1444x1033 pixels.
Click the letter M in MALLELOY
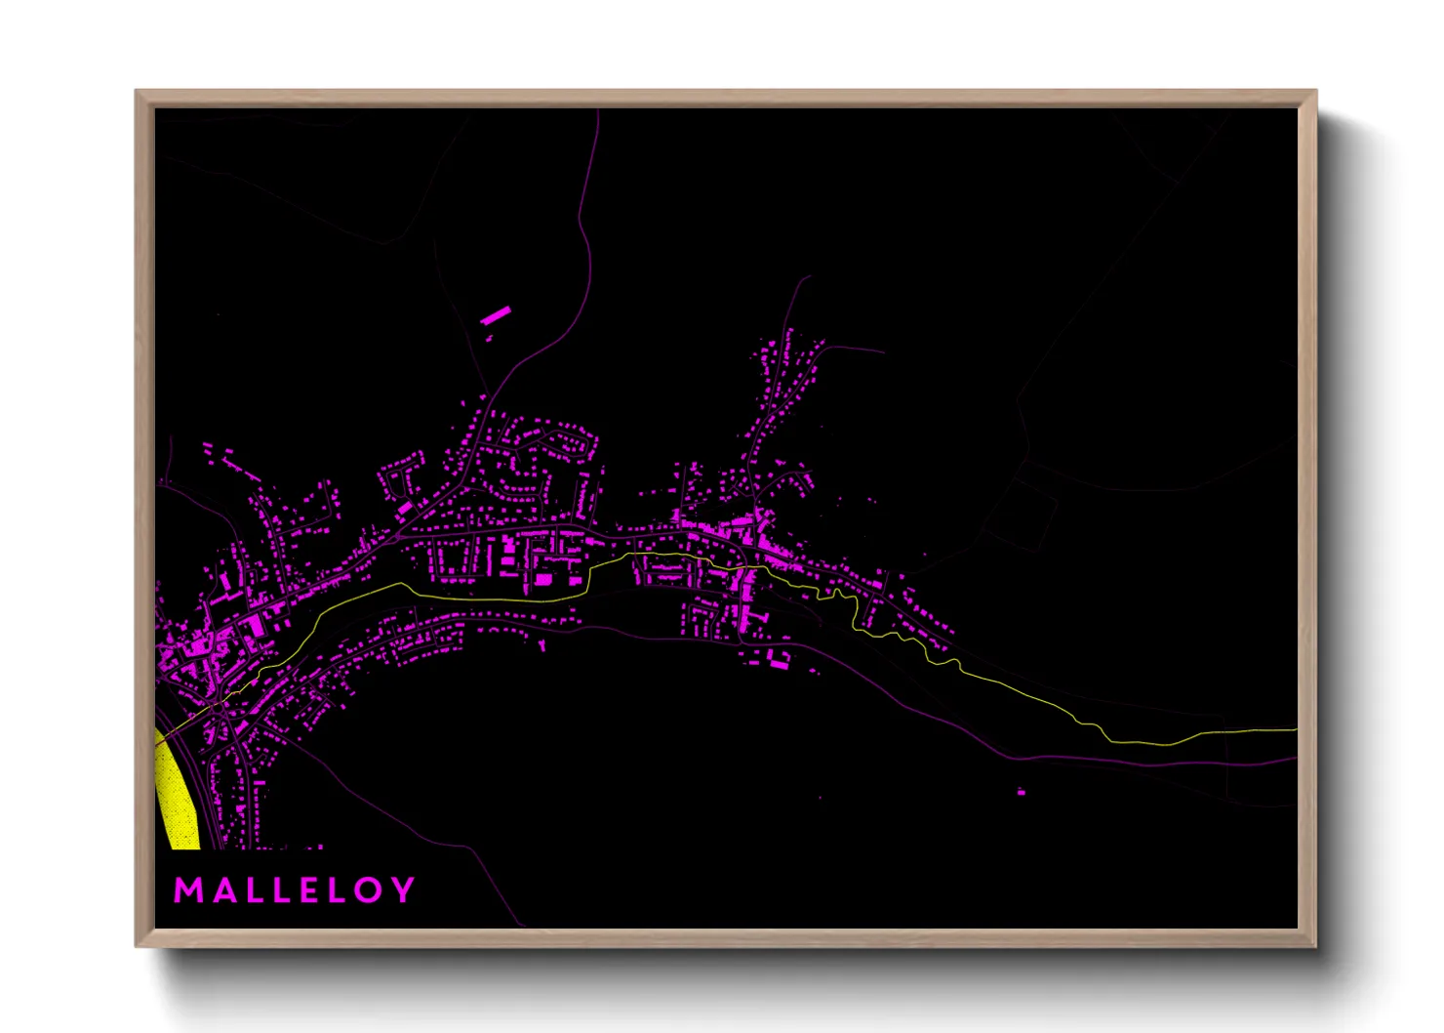pos(188,890)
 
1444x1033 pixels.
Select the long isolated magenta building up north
pos(496,315)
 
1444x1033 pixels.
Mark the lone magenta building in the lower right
pos(1022,791)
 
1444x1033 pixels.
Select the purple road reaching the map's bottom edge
pos(519,923)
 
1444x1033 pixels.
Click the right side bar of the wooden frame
pos(1307,517)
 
